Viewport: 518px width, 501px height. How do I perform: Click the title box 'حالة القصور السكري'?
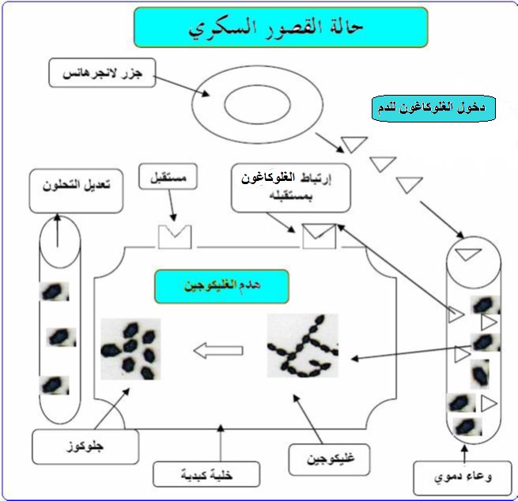point(281,28)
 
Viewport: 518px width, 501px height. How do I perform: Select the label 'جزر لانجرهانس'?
point(102,73)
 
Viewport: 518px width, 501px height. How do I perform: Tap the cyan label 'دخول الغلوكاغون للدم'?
point(433,108)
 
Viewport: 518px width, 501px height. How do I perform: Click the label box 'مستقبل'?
point(168,177)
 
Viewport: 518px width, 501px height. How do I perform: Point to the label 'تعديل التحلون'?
point(76,191)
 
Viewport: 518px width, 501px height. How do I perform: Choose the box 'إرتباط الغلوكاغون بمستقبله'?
point(291,188)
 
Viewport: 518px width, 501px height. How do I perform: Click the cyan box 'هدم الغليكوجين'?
point(221,286)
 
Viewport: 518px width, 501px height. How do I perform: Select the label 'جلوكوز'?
point(85,446)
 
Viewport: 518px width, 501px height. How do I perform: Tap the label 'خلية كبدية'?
point(206,474)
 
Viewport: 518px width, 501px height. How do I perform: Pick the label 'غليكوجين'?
point(329,460)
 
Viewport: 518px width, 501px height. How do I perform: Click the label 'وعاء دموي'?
point(463,478)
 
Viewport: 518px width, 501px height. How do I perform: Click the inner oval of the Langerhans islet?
point(257,104)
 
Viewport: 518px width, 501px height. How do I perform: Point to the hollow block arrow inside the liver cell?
point(218,351)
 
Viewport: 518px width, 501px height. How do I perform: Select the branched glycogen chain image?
point(303,345)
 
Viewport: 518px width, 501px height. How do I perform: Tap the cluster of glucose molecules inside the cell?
point(130,348)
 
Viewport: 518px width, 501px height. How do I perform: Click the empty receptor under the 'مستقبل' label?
point(175,236)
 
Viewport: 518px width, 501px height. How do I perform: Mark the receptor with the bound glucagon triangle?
point(319,236)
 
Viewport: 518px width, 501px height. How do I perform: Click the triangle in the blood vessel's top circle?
point(468,254)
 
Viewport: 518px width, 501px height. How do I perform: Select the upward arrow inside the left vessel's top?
point(58,231)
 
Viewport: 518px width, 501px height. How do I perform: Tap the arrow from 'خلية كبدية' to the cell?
point(221,443)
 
